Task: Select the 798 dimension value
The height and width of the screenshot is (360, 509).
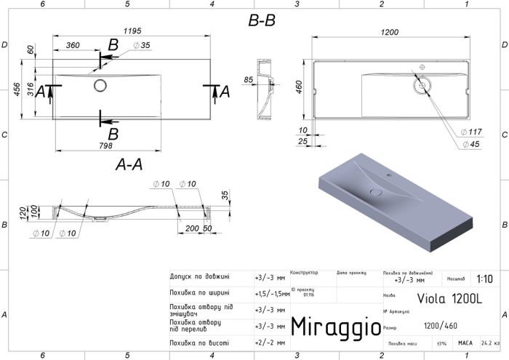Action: click(106, 147)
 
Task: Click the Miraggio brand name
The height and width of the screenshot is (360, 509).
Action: click(335, 327)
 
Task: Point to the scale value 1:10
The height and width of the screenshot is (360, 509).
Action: click(484, 279)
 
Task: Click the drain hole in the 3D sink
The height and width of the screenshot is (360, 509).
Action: click(376, 192)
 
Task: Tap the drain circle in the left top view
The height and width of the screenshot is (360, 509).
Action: click(100, 86)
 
